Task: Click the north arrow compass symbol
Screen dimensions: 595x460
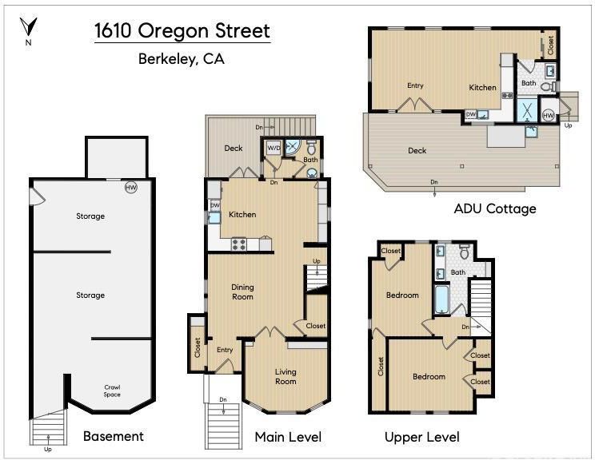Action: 29,26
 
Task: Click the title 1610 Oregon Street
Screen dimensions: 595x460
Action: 182,30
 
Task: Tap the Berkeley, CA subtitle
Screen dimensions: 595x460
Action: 182,59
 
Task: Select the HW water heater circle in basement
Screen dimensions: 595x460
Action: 131,187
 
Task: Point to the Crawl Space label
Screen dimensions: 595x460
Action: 112,391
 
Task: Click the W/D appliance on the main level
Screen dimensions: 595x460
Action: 274,148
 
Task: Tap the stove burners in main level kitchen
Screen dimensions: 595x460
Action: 238,244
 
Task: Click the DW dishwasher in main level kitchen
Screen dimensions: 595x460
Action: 215,205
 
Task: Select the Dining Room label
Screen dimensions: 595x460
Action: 242,291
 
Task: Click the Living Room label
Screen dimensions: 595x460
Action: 286,377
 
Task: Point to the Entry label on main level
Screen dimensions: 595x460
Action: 225,350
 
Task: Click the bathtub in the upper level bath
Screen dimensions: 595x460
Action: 441,299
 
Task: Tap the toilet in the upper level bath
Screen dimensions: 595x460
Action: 465,252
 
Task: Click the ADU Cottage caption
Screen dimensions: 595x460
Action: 495,208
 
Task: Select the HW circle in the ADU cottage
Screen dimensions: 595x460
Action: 549,115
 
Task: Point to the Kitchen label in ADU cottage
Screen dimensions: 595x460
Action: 482,88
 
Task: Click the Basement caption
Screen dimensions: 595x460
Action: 114,436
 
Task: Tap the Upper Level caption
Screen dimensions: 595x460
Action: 422,437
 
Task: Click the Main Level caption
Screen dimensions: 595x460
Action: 288,437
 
